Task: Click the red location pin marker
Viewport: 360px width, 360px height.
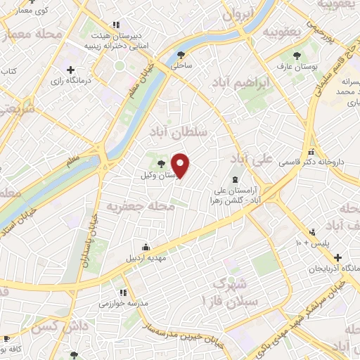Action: click(181, 165)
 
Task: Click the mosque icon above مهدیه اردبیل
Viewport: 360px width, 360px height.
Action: click(145, 247)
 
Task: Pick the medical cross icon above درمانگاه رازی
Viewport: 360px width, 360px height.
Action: click(71, 70)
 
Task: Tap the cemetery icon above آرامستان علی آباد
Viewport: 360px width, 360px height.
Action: click(236, 179)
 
